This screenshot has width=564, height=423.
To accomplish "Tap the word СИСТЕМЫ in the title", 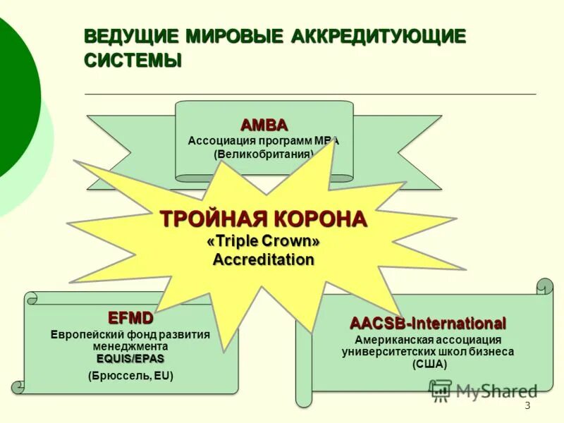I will point(133,60).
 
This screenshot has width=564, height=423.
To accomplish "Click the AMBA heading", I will point(264,125).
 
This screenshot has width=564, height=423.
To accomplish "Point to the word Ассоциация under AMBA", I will point(219,140).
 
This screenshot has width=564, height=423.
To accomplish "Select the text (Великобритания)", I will point(264,154).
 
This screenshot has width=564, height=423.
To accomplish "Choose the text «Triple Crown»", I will point(264,241).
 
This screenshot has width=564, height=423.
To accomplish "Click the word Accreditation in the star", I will point(264,259).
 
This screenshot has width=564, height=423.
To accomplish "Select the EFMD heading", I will point(130,317).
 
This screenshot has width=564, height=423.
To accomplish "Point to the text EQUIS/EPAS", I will point(130,359).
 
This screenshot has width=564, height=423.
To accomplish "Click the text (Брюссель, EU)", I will point(130,376).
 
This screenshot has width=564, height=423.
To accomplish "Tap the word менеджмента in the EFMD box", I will point(130,347).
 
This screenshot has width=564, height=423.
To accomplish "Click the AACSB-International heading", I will point(428,324).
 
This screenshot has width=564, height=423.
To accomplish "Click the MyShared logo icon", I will point(441,390).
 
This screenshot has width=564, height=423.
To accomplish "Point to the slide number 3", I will point(527,405).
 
